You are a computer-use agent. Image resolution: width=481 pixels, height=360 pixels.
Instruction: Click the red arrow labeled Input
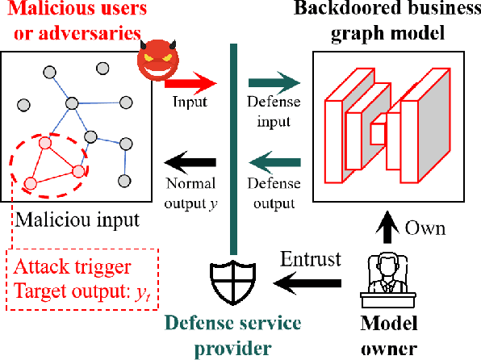pyautogui.click(x=192, y=82)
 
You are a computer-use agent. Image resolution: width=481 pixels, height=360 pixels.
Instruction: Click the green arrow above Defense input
pyautogui.click(x=273, y=82)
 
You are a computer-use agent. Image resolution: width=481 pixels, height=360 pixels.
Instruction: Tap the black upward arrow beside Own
pyautogui.click(x=387, y=228)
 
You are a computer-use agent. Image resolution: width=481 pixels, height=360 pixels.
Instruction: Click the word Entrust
pyautogui.click(x=311, y=260)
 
